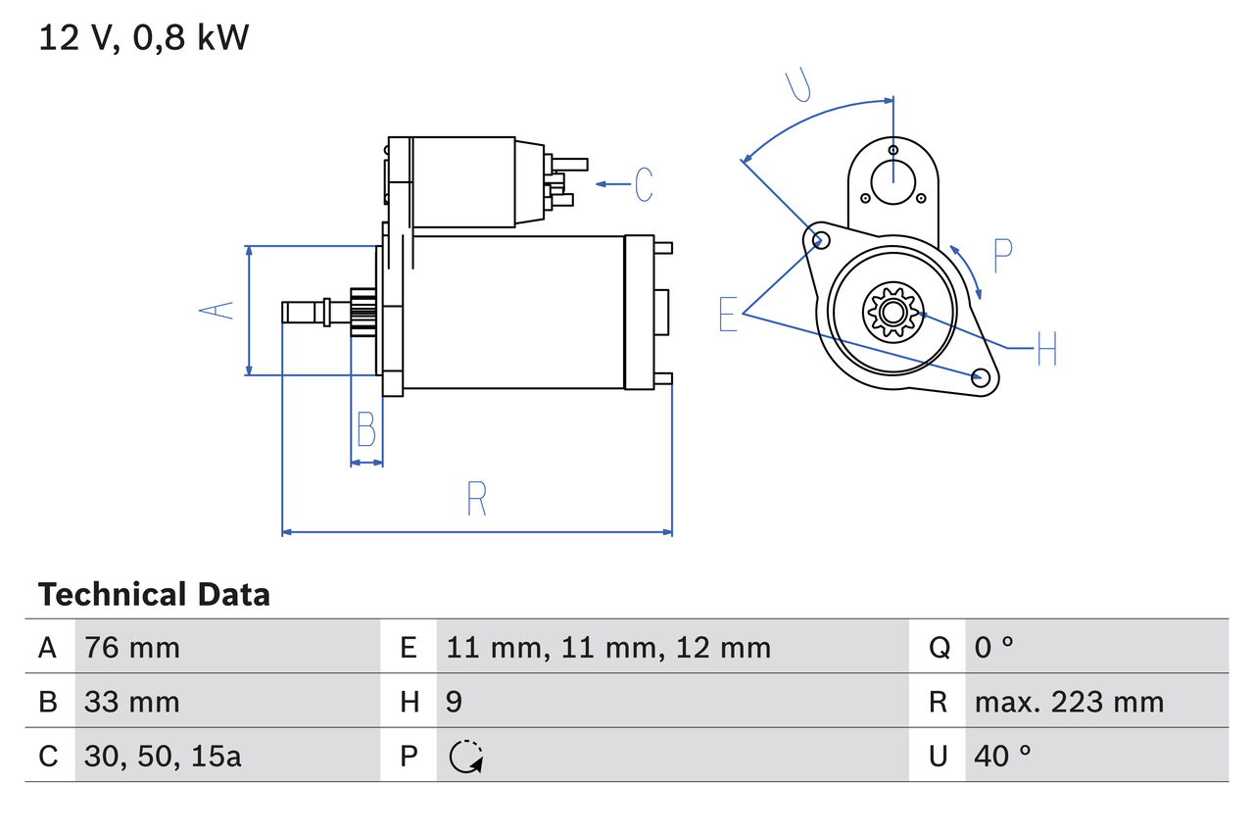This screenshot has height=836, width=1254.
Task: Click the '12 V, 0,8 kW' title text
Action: (x=144, y=37)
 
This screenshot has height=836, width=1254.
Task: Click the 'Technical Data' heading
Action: (x=154, y=594)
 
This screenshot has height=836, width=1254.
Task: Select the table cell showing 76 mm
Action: (x=132, y=647)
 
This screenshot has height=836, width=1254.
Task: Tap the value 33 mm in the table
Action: (x=132, y=702)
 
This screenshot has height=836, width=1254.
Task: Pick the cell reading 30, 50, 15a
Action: (x=163, y=756)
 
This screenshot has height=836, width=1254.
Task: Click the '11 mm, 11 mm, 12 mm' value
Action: (x=608, y=647)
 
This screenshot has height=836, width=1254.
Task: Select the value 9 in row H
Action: (x=455, y=702)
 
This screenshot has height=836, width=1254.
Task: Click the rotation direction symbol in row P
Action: (x=465, y=756)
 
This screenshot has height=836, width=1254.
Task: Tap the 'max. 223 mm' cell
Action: (x=1069, y=702)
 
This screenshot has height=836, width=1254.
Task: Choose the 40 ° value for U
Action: (x=1003, y=756)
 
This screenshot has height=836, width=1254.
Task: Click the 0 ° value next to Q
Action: (x=993, y=647)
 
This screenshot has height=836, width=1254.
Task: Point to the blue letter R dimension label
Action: (x=476, y=499)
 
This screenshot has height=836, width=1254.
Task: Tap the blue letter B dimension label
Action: (x=365, y=429)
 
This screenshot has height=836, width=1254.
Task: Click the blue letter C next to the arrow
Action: (x=644, y=184)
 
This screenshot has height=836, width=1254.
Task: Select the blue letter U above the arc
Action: (x=799, y=85)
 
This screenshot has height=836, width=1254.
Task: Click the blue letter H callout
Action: (x=1046, y=349)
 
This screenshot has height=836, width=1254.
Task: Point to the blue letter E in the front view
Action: (x=728, y=315)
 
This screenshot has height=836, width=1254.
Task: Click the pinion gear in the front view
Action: (x=892, y=313)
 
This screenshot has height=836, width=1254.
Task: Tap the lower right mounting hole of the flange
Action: (x=980, y=377)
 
